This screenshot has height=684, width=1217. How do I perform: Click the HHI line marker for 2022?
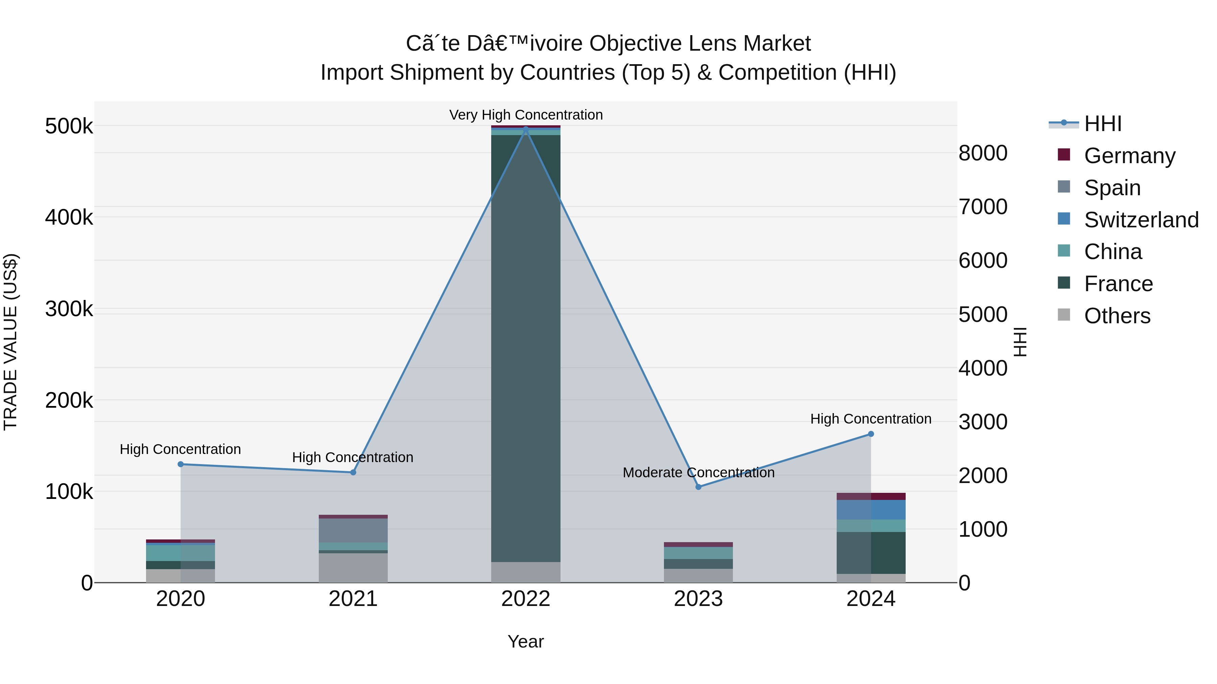(x=526, y=129)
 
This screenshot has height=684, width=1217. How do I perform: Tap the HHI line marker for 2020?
(x=181, y=464)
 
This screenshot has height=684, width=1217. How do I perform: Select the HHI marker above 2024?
(x=871, y=434)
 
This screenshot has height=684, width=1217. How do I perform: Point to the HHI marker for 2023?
(x=698, y=487)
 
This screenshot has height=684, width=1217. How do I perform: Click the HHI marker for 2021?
(x=353, y=472)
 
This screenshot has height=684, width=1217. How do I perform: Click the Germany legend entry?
(x=1129, y=156)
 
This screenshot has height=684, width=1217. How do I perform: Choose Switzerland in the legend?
(x=1141, y=220)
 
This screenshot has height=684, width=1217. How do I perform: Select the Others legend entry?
(x=1117, y=316)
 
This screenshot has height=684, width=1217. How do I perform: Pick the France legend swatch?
(x=1064, y=283)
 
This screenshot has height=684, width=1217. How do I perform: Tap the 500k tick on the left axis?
(x=69, y=127)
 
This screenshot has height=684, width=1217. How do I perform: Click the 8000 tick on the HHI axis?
(x=983, y=153)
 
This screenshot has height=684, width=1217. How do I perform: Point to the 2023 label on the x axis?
(x=698, y=599)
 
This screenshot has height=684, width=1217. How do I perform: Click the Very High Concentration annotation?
(x=526, y=115)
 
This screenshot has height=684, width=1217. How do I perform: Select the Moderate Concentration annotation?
(x=698, y=473)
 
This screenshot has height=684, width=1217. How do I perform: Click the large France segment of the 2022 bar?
(x=526, y=349)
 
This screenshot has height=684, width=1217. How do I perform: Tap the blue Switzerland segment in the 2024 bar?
(x=888, y=510)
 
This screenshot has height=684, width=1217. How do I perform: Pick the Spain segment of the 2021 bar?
(x=353, y=530)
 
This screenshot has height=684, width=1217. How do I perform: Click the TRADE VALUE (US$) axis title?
(x=10, y=342)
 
